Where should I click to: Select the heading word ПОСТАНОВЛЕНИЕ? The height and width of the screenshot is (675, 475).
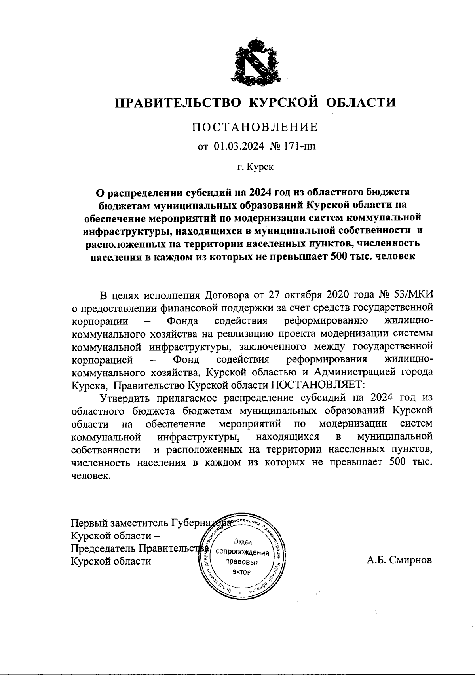pyautogui.click(x=255, y=127)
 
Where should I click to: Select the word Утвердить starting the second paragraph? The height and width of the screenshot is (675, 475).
pyautogui.click(x=126, y=398)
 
